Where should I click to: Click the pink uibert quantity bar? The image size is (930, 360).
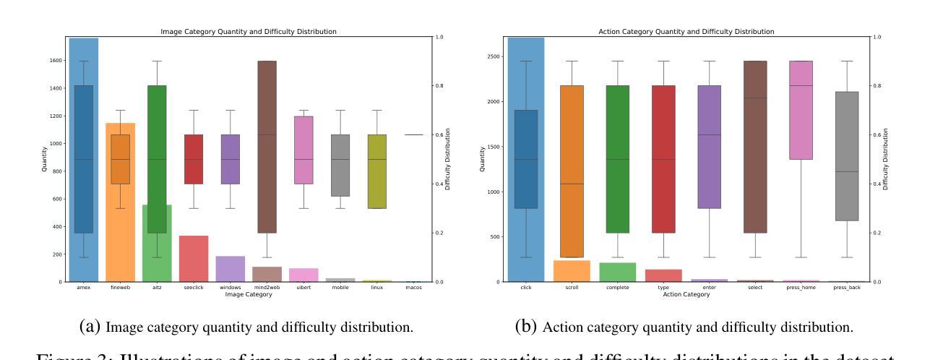pyautogui.click(x=303, y=275)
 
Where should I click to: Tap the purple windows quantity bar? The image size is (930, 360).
pyautogui.click(x=230, y=269)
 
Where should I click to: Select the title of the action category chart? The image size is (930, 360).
pyautogui.click(x=686, y=32)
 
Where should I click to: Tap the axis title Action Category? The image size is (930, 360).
pyautogui.click(x=686, y=294)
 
